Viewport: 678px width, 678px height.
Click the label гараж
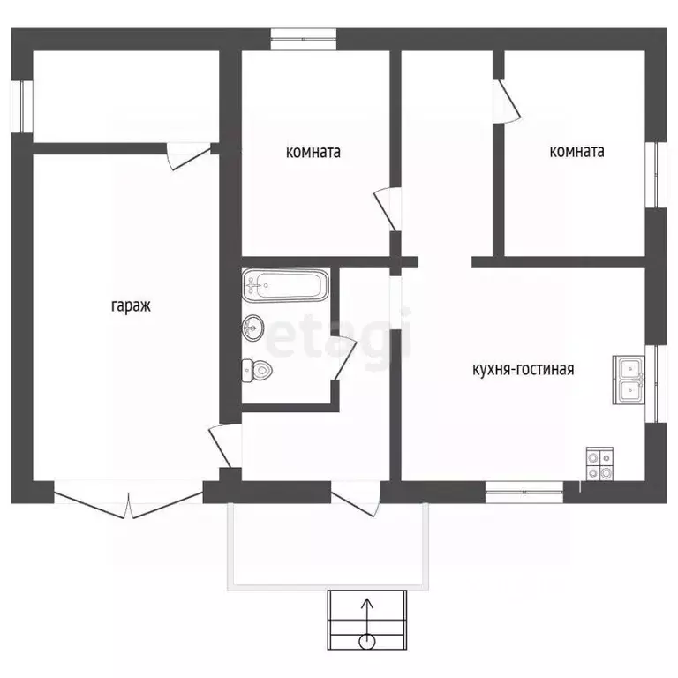point(131,306)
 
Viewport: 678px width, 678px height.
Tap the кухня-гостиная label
point(524,369)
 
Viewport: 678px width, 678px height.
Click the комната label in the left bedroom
point(313,152)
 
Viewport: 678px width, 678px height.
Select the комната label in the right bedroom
point(576,151)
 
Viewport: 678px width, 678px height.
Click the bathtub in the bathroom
point(285,285)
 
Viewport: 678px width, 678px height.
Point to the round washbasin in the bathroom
point(253,328)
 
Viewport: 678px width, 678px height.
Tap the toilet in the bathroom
point(256,371)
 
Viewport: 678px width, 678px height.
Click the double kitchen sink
point(629,380)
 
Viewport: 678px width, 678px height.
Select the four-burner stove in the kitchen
point(599,463)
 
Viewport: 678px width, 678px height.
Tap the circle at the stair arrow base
point(367,642)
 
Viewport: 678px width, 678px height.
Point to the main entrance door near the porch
point(356,499)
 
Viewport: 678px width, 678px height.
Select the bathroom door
point(343,358)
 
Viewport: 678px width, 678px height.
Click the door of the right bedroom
point(507,102)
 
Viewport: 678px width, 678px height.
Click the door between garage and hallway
point(225,445)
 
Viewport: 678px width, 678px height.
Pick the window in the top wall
point(304,40)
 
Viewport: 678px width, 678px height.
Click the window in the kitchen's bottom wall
point(524,492)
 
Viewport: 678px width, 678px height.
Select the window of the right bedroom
point(656,175)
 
